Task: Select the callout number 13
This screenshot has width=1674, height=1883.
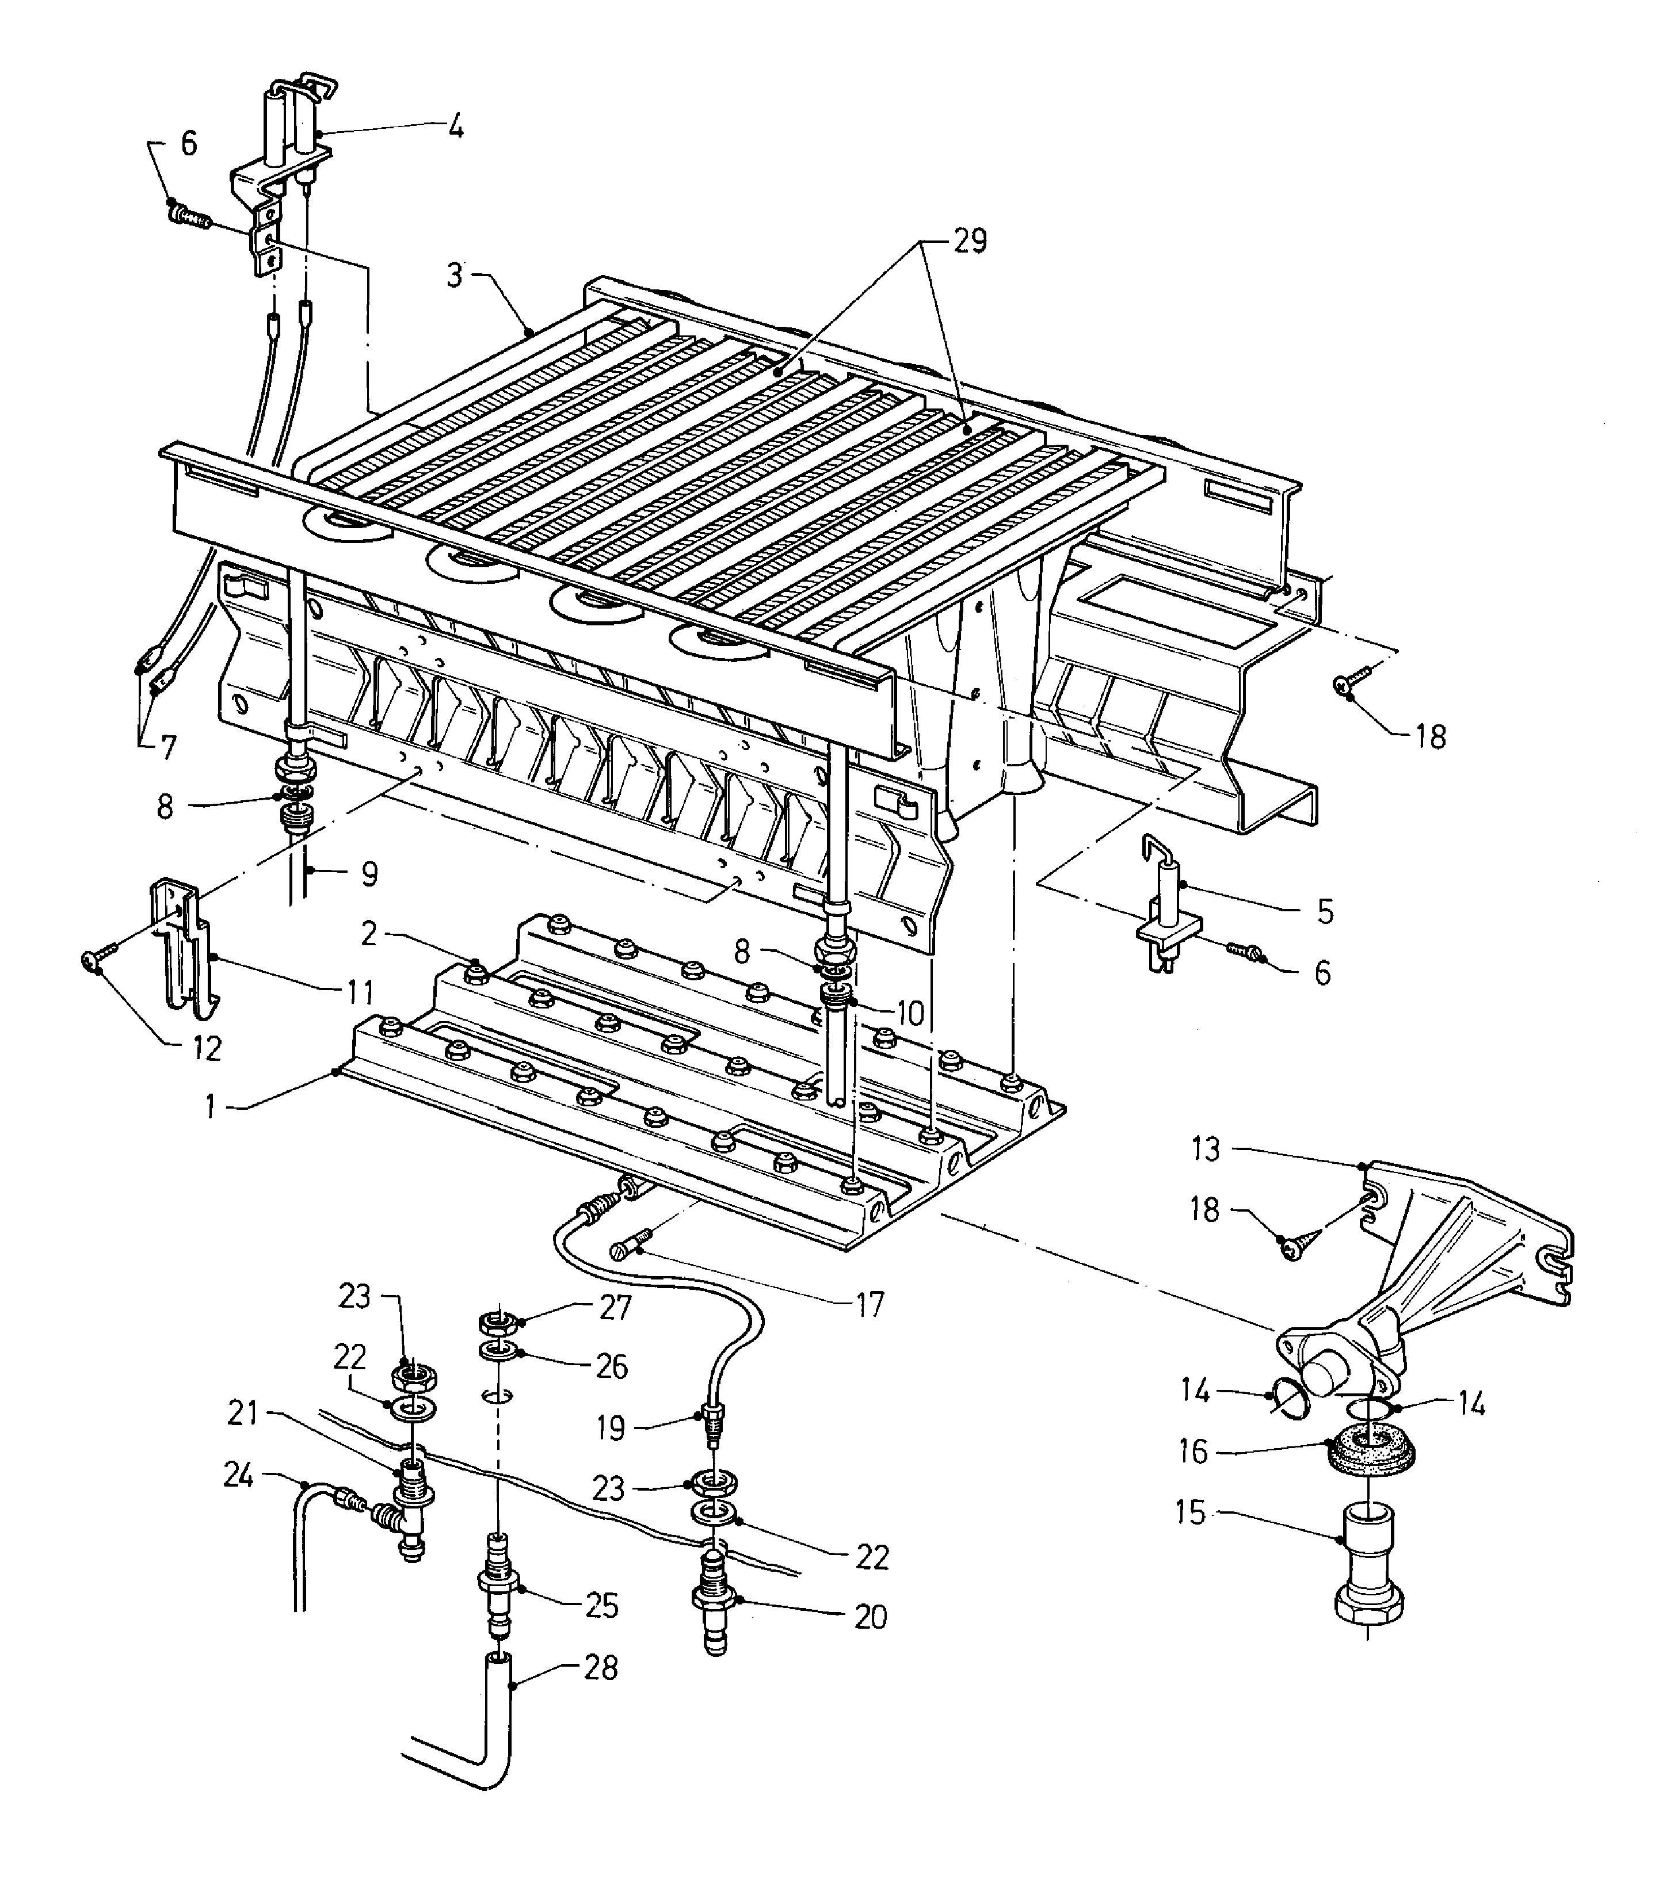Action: (x=1206, y=1149)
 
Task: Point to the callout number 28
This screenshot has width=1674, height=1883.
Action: (x=601, y=1667)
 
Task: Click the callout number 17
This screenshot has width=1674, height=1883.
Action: (x=870, y=1304)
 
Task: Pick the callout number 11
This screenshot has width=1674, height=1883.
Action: (x=359, y=992)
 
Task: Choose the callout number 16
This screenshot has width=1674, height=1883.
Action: (x=1192, y=1453)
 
